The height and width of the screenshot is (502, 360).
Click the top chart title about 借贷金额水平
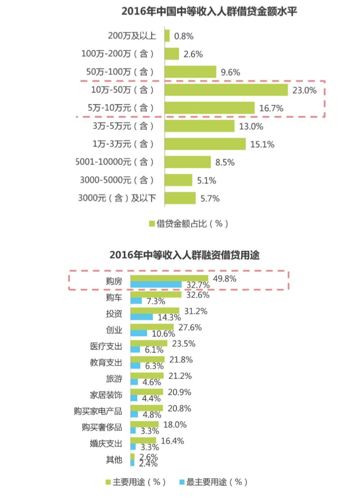[210, 12]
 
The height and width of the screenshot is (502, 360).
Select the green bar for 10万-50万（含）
[226, 90]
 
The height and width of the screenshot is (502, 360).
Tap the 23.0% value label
[304, 90]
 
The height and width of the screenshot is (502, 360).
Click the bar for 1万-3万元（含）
[205, 144]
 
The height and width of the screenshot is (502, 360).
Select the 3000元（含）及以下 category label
[117, 198]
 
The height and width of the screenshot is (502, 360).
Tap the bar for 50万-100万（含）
[190, 72]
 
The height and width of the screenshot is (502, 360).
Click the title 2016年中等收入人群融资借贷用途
[184, 255]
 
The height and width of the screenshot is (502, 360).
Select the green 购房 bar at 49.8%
[169, 278]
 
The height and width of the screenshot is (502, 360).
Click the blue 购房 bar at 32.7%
[156, 285]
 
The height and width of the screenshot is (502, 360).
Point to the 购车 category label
[114, 297]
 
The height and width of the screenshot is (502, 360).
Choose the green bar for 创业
[152, 327]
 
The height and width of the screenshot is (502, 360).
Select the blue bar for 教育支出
[136, 365]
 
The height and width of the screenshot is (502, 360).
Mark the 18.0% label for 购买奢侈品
[174, 424]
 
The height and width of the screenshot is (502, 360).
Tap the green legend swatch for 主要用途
[108, 482]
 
